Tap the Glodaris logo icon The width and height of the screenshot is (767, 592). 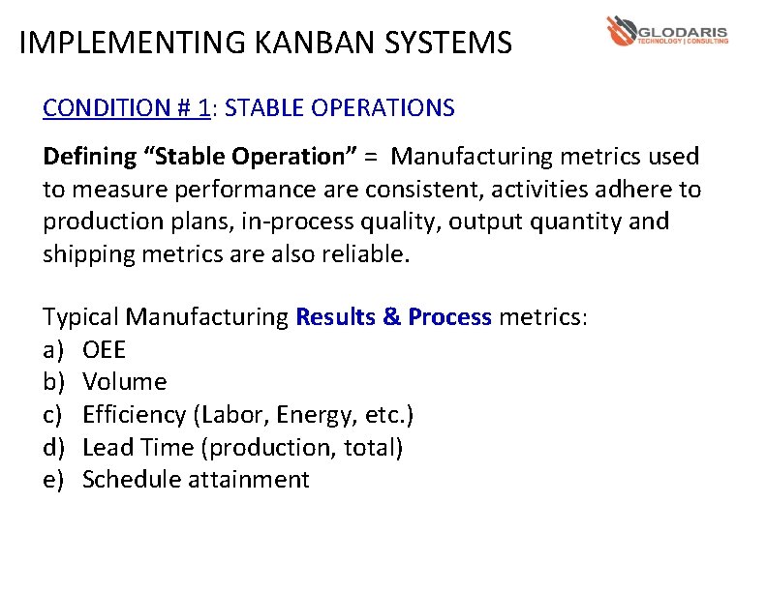pos(621,32)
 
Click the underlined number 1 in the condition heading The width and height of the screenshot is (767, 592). pos(203,107)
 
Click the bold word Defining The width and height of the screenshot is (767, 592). pos(90,156)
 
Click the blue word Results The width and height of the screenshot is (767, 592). pos(336,316)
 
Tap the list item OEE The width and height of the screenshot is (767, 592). pos(105,349)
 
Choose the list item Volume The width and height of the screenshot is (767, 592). pos(125,382)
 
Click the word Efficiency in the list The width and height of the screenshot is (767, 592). pos(135,415)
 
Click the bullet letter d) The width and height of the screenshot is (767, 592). pos(53,448)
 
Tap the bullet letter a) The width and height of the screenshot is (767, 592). pos(53,349)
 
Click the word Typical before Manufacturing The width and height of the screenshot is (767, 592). pos(81,316)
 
